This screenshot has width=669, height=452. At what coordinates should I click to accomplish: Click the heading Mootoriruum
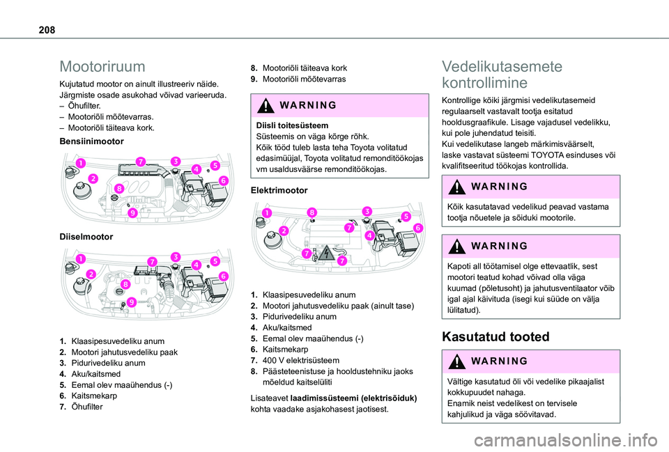[102, 67]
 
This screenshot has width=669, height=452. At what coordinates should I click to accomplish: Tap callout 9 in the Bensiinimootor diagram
[132, 212]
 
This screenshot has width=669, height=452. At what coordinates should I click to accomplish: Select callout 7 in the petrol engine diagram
[141, 161]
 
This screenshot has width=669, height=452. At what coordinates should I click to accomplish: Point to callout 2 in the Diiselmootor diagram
[91, 274]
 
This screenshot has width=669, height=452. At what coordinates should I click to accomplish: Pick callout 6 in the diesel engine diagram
[224, 276]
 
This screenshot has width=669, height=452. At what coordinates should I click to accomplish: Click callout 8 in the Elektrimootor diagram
[312, 212]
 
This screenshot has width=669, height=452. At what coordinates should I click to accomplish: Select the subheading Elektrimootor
[278, 189]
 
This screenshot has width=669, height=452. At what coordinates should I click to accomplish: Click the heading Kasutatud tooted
[495, 336]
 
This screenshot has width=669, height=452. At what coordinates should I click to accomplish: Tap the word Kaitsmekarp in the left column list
[93, 396]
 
